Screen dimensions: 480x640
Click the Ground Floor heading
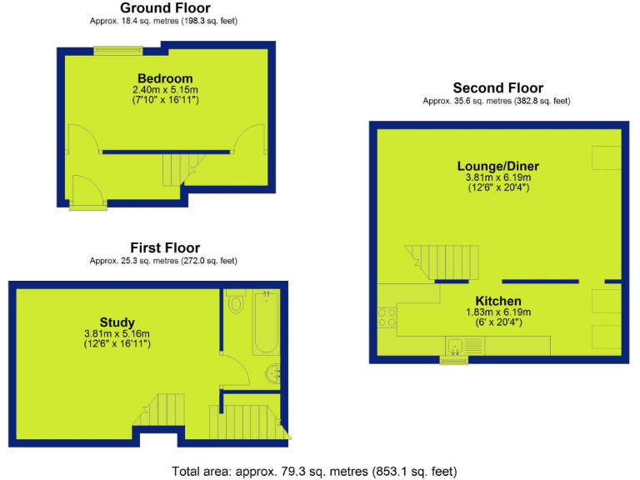(165, 8)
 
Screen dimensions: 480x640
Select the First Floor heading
(165, 247)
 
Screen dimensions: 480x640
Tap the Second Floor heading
(497, 87)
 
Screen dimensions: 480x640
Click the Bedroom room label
(165, 79)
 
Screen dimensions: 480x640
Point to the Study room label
(117, 322)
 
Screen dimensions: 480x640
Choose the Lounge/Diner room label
(497, 164)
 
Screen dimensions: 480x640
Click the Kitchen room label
(498, 301)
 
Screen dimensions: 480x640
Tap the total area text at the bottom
(314, 471)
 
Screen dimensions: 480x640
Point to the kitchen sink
(455, 345)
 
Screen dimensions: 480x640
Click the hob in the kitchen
(387, 317)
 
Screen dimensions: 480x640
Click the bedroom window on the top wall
(117, 50)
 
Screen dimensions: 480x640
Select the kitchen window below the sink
(454, 361)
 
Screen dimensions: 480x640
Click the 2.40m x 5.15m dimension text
(165, 90)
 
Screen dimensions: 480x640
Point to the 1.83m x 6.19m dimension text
(498, 312)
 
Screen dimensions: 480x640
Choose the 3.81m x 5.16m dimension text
(117, 333)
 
